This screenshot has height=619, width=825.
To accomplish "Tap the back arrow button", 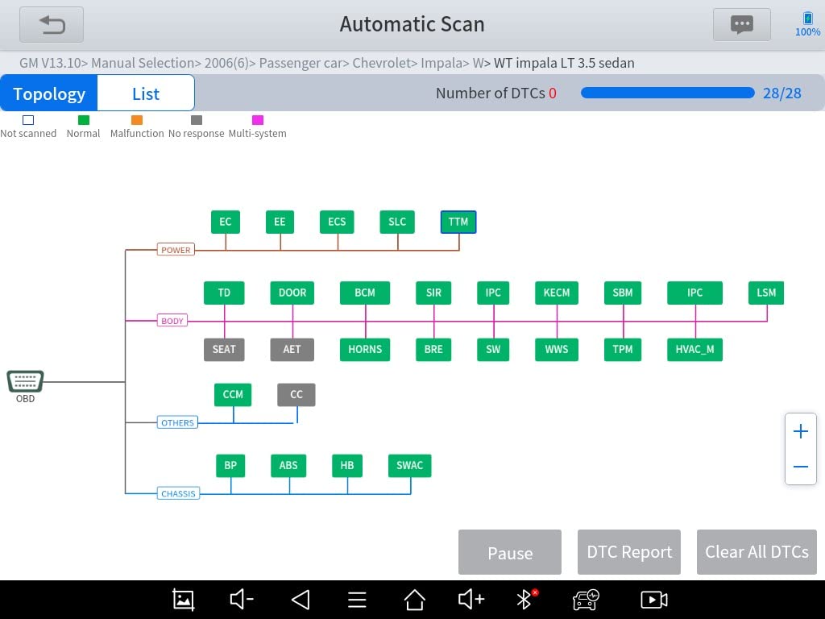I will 52,25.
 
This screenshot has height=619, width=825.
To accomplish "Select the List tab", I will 146,93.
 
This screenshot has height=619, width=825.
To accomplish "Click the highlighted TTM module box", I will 458,222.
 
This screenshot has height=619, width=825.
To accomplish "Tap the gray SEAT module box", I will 224,349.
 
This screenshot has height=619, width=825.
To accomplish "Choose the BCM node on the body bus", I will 365,293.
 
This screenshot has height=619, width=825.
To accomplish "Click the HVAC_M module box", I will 694,349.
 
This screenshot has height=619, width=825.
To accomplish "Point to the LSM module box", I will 766,293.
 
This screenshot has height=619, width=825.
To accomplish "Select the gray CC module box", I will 296,394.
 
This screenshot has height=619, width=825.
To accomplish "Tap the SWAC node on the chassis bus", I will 409,465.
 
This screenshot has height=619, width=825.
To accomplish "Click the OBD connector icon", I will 25,381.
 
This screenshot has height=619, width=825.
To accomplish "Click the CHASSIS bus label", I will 178,493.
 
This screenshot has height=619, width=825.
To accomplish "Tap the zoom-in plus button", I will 801,431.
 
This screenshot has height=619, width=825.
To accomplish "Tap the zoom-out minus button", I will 801,467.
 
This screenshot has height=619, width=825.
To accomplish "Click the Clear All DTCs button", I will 757,552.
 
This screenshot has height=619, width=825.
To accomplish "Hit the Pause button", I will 510,552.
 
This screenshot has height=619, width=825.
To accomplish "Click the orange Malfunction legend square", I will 137,120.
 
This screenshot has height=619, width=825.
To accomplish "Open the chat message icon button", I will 741,25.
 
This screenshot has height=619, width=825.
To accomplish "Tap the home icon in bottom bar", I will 414,600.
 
